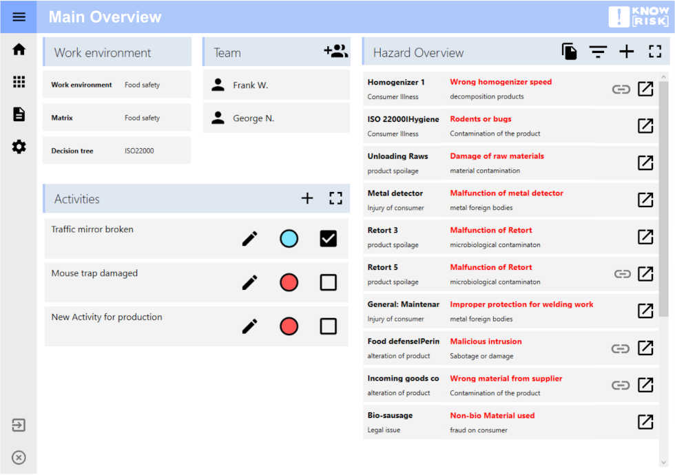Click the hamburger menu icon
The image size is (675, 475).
coord(19,17)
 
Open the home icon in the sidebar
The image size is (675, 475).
coord(19,49)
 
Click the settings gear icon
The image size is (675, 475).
coord(19,147)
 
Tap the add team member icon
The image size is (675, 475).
coord(335,52)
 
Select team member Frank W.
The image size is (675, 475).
coord(250,85)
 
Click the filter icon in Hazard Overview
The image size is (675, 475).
coord(598,52)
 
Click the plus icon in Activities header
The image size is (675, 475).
coord(307,198)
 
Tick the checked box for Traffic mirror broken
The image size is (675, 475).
coord(329,239)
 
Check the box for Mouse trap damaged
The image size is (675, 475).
coord(329,282)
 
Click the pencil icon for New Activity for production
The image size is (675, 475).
coord(250,326)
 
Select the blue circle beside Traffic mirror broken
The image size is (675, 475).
coord(289,239)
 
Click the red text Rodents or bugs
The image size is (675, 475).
coord(481,119)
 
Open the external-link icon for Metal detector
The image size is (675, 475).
coord(645,200)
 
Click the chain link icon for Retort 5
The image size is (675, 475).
coord(622,274)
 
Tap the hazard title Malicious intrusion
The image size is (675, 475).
coord(486,341)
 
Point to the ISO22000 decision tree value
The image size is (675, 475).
coord(139,151)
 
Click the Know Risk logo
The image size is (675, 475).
coord(638,17)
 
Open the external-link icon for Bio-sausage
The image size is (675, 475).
coord(645,422)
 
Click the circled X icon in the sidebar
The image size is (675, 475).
coord(19,457)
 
